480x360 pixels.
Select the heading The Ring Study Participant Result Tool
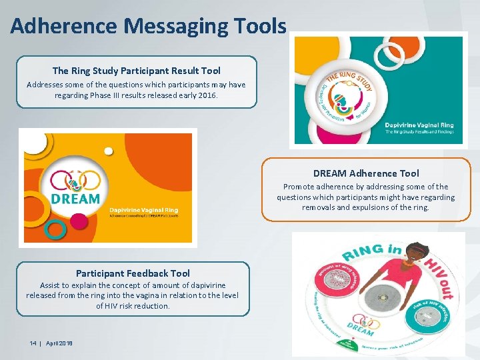(136, 71)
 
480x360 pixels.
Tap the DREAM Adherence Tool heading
(366, 173)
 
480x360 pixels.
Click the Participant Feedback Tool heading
(133, 273)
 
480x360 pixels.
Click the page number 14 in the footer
(33, 343)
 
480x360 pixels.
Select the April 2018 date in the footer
(59, 343)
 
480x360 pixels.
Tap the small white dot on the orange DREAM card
(108, 151)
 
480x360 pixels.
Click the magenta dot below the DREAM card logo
(79, 221)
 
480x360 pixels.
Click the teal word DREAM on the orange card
(75, 199)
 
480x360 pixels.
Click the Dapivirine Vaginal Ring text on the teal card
(420, 125)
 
